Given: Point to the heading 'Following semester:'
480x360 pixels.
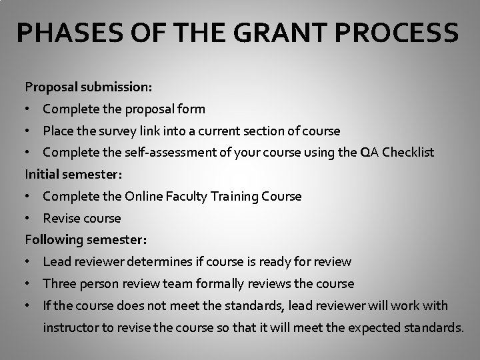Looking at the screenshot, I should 86,239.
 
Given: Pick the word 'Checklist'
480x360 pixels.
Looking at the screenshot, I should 406,153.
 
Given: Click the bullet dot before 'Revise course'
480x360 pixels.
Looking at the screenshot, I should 28,219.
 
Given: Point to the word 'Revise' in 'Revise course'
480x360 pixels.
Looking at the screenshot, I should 62,219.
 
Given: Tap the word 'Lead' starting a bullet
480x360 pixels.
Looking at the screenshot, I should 57,262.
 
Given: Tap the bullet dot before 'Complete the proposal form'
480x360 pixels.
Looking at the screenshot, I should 28,109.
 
